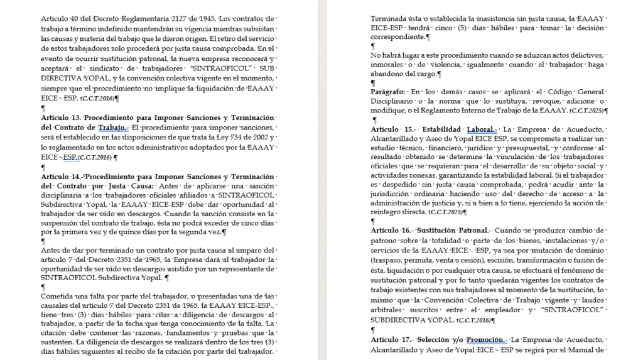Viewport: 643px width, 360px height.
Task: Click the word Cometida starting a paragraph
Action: pos(57,296)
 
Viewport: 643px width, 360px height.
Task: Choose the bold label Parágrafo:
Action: pos(388,92)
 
